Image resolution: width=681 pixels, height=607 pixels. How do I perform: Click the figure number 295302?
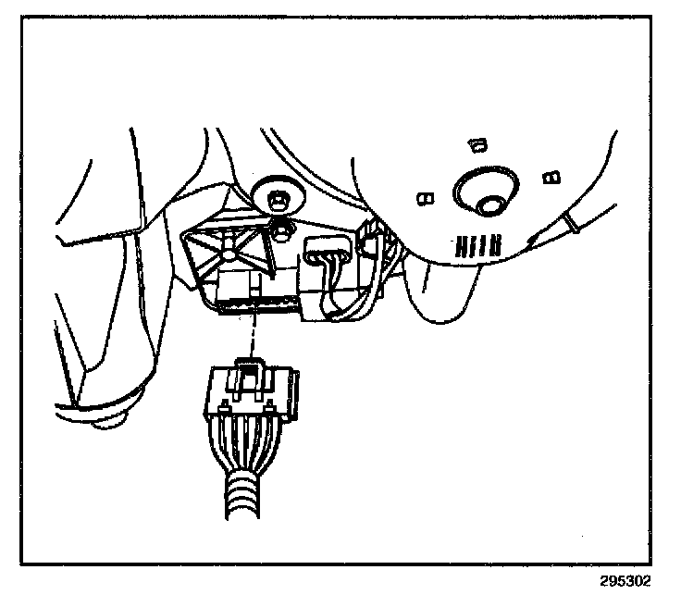pos(625,582)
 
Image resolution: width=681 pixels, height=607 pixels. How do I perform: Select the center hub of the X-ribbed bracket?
pos(226,248)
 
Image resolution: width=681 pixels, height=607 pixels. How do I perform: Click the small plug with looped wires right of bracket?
pos(326,254)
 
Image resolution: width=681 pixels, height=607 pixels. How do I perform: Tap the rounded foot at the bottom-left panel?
pos(109,423)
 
